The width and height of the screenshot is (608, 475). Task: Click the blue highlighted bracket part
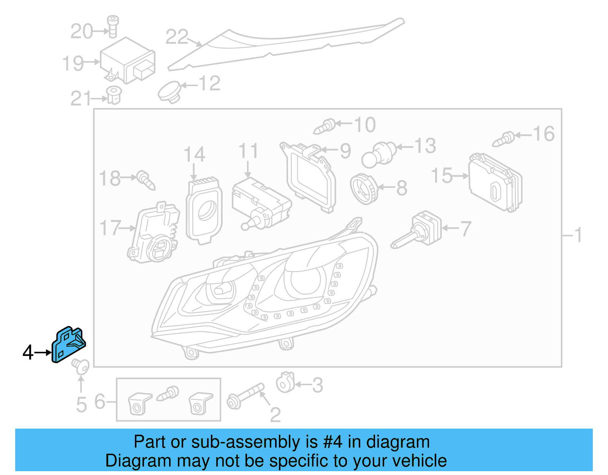point(68,345)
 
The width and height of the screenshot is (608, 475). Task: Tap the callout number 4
point(28,353)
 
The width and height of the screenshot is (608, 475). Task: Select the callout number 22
point(177,37)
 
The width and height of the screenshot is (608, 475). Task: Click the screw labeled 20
point(112,26)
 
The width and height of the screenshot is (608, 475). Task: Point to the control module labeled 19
point(127,61)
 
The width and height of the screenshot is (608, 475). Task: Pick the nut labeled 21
point(114,95)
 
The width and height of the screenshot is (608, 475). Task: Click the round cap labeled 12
point(170,92)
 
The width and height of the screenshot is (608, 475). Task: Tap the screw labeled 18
point(146,180)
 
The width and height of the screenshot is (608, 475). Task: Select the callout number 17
point(110,228)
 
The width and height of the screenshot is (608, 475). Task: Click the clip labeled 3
point(285,383)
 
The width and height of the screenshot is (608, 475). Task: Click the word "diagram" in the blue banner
point(398,442)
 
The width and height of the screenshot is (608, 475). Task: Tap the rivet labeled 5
point(80,366)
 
